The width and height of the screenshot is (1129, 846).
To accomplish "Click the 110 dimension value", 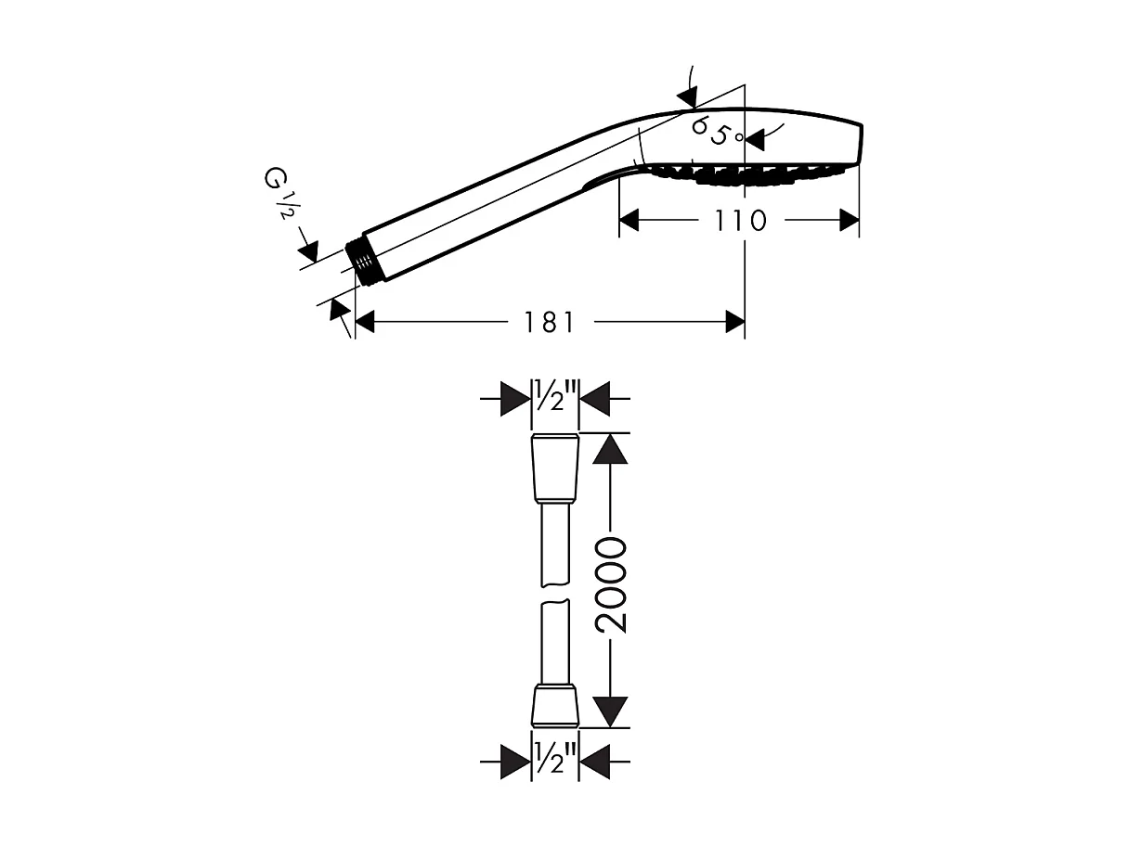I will pos(741,221).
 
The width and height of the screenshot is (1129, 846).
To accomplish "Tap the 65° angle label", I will pos(717,131).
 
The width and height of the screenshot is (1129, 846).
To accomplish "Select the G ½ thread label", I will pos(278,192).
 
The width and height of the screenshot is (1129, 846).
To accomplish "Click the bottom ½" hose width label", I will pos(554,762).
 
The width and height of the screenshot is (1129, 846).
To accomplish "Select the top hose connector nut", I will pos(555,469).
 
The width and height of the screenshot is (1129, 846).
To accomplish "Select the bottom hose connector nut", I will pos(555,706).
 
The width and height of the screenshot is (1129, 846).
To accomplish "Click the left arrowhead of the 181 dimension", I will pos(365,322).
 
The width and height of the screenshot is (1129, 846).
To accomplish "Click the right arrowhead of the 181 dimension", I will pos(734,322).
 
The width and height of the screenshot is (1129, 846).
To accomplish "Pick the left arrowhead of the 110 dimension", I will pos(629,221).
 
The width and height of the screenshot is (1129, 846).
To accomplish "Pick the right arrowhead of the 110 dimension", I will pos(849,221).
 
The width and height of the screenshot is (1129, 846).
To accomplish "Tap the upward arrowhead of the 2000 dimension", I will pos(609,449).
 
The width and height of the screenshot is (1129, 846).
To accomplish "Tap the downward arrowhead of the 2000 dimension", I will pos(609,711).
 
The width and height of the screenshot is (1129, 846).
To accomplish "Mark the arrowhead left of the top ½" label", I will pos(513,399).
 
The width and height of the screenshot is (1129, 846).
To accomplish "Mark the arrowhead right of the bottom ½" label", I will pos(595,763).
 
